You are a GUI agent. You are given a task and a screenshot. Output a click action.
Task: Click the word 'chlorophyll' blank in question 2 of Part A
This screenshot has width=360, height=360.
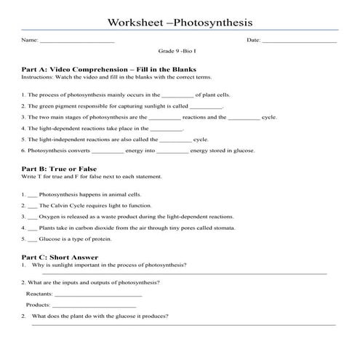point(206,106)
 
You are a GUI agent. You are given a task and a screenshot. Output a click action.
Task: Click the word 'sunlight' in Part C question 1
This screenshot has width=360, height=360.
point(61,265)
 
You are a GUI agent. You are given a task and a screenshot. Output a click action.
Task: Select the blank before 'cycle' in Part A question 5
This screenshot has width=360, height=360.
point(175,139)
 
